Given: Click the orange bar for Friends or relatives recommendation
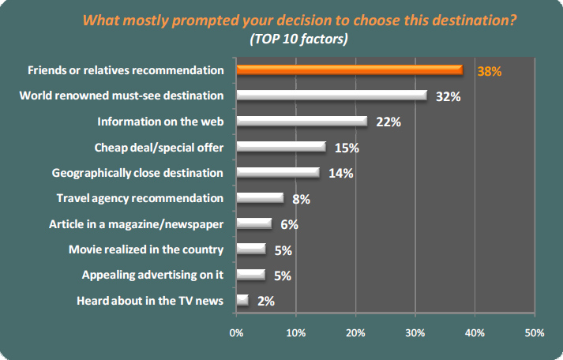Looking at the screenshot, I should click(349, 70).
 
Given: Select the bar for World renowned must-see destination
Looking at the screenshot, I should click(332, 96).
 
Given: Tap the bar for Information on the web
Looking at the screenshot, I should click(302, 121).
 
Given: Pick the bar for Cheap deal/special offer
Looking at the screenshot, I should click(281, 146).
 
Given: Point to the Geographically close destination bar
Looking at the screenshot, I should click(278, 172).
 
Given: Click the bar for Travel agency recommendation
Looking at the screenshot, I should click(260, 198).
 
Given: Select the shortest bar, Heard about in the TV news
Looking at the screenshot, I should click(242, 300).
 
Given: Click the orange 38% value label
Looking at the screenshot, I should click(490, 72).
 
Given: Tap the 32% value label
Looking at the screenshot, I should click(449, 97).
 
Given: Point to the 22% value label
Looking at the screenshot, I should click(388, 122).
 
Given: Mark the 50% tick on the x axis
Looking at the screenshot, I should click(534, 332).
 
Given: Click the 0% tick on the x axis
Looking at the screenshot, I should click(236, 332).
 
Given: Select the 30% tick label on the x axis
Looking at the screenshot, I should click(415, 332).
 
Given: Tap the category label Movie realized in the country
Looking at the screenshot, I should click(147, 249).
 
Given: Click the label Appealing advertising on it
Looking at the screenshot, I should click(153, 275).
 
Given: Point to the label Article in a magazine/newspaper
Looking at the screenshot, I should click(136, 223).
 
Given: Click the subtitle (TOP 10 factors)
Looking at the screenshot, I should click(298, 37).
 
